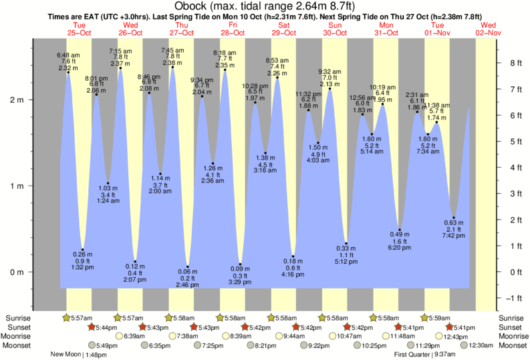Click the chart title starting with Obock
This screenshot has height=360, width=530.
click(x=265, y=6)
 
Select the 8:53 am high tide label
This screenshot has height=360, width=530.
click(x=277, y=67)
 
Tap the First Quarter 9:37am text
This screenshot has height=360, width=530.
click(x=422, y=355)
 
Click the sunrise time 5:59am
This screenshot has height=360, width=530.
click(x=438, y=318)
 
